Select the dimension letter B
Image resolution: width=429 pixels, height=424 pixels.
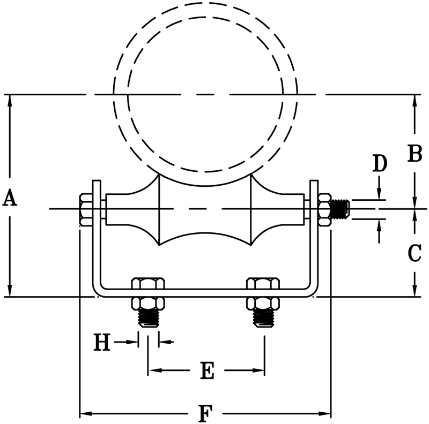click(414, 154)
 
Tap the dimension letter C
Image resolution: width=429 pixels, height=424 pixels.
click(415, 253)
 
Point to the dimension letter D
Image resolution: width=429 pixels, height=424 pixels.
click(380, 163)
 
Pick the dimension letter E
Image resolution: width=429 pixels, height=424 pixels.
click(207, 370)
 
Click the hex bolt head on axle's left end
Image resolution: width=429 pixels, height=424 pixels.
click(85, 208)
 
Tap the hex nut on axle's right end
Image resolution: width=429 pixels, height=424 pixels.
click(324, 208)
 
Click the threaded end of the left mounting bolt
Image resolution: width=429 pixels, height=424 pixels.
click(149, 319)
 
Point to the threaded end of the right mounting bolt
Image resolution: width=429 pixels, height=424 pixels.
click(263, 319)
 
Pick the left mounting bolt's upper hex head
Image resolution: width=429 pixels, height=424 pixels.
click(149, 283)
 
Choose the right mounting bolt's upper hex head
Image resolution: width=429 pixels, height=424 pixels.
click(263, 283)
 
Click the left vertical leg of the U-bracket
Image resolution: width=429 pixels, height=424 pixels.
click(96, 241)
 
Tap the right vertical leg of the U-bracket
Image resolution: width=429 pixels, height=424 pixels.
click(314, 241)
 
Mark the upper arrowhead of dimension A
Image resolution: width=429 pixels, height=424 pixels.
click(10, 100)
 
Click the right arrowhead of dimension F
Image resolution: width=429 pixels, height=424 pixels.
click(324, 413)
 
